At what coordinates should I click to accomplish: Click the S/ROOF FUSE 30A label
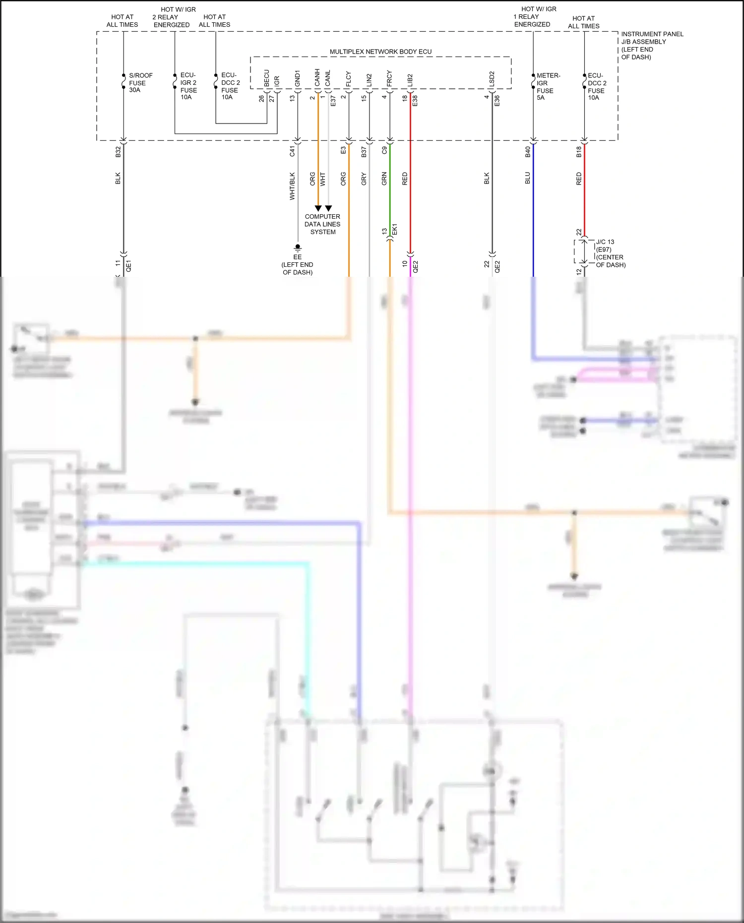click(x=140, y=83)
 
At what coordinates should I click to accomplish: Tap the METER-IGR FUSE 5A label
click(x=548, y=87)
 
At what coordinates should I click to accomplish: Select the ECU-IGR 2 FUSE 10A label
click(x=188, y=86)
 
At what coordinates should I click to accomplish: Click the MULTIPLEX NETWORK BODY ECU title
click(x=380, y=52)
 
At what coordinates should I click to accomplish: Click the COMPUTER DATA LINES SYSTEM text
click(x=322, y=224)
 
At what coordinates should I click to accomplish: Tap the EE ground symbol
click(x=298, y=247)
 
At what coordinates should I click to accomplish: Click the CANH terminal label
click(x=317, y=78)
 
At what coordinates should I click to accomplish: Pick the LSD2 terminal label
click(x=492, y=79)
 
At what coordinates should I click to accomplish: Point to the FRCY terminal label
click(x=389, y=79)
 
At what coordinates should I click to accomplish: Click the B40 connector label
click(x=528, y=152)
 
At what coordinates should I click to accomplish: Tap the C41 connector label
click(x=292, y=151)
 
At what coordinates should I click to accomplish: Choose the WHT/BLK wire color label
click(x=292, y=186)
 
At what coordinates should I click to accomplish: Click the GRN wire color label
click(x=384, y=179)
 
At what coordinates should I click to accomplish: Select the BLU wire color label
click(x=528, y=178)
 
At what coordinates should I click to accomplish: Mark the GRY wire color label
click(x=364, y=179)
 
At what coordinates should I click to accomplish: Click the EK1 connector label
click(x=395, y=230)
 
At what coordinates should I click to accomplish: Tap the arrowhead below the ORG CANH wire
click(x=318, y=208)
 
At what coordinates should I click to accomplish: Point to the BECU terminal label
click(x=266, y=78)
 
